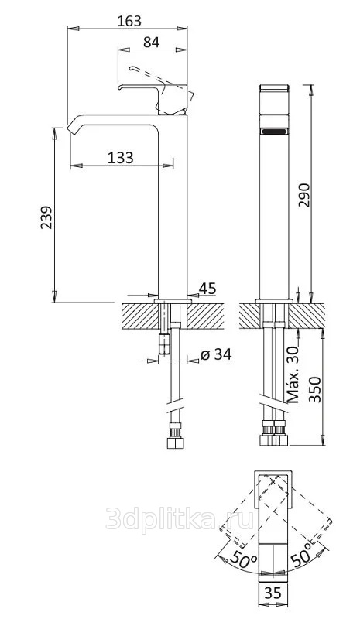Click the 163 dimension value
129,21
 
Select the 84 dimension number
151,42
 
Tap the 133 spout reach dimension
121,158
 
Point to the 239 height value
46,217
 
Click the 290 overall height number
304,195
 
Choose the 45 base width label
207,289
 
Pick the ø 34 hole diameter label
216,354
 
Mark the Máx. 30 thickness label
293,374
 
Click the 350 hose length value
315,390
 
